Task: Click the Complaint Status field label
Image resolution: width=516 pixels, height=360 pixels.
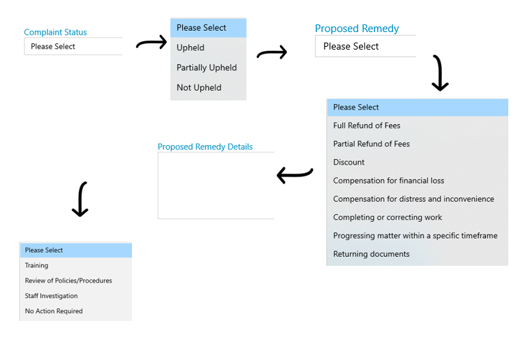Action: pyautogui.click(x=55, y=32)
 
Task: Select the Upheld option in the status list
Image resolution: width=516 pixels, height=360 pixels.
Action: pyautogui.click(x=191, y=47)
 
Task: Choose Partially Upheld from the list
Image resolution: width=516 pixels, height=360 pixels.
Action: pyautogui.click(x=207, y=68)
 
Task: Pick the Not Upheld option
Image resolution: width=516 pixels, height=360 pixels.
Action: pyautogui.click(x=199, y=88)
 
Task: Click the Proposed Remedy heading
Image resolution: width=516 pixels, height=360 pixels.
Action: pyautogui.click(x=357, y=29)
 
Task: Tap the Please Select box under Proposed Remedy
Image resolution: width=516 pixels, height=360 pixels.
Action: pyautogui.click(x=365, y=46)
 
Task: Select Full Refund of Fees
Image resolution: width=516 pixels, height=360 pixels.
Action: pyautogui.click(x=367, y=126)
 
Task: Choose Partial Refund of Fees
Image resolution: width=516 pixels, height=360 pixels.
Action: pyautogui.click(x=371, y=144)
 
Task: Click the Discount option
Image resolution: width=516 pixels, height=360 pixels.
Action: pyautogui.click(x=349, y=163)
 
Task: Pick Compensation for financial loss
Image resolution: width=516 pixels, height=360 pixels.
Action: pyautogui.click(x=389, y=181)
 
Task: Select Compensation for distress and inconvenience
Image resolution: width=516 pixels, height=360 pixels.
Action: pyautogui.click(x=413, y=200)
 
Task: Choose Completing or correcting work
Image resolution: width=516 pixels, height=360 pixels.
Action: pyautogui.click(x=388, y=218)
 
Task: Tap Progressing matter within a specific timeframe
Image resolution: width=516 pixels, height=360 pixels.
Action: pyautogui.click(x=415, y=236)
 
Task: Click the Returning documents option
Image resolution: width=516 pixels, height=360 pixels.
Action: pyautogui.click(x=371, y=254)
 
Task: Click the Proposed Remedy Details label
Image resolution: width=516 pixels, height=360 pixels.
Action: pyautogui.click(x=205, y=147)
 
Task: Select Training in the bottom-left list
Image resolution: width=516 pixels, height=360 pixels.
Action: pyautogui.click(x=36, y=266)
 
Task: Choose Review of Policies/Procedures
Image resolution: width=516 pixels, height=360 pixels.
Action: pyautogui.click(x=68, y=280)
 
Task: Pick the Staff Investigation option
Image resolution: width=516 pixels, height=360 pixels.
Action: pyautogui.click(x=52, y=296)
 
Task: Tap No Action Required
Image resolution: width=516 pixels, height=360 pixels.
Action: pyautogui.click(x=54, y=311)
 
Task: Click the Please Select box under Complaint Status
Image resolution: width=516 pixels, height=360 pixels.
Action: pyautogui.click(x=73, y=46)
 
